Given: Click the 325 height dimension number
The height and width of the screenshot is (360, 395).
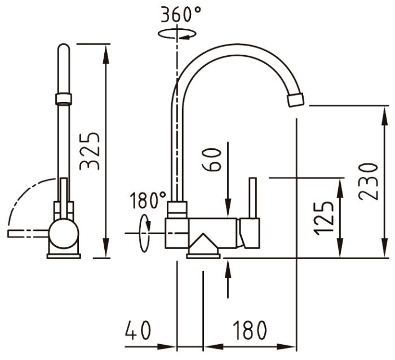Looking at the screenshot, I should [90, 151].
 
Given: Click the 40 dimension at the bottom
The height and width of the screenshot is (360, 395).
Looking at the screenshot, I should [139, 331].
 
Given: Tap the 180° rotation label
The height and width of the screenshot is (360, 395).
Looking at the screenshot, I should [148, 200].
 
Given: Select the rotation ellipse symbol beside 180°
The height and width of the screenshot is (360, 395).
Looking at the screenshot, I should [145, 233].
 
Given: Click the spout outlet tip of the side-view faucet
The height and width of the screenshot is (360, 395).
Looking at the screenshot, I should [295, 100].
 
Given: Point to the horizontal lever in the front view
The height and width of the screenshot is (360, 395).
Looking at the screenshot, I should [28, 233].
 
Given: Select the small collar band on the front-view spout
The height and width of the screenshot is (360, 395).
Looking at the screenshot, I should [64, 99].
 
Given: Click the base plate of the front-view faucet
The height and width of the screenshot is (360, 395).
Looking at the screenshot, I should [64, 256].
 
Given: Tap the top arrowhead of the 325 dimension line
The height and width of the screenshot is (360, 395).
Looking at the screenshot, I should [105, 51].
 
